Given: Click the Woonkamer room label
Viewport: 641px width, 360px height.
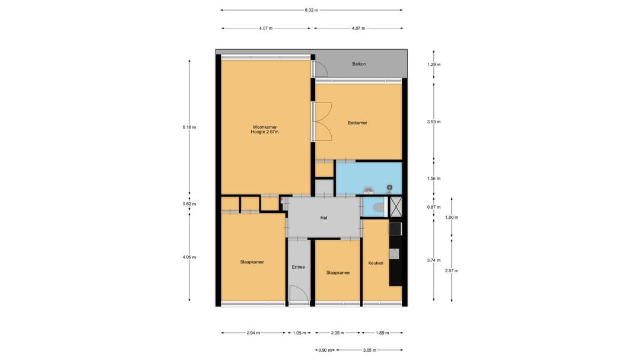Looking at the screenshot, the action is point(265,127).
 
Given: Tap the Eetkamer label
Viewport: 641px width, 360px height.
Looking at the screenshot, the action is point(357,123).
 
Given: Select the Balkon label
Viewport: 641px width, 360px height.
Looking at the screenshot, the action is point(359,63).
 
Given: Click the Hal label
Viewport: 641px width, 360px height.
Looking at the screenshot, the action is point(324,218).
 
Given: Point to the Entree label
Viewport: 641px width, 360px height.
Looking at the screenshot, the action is point(299,267).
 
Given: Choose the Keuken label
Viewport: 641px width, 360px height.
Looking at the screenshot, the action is point(376,263).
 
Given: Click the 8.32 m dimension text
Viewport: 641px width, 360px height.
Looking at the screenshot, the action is point(312,10).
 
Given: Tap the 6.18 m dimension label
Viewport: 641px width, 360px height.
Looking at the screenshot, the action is point(189,127).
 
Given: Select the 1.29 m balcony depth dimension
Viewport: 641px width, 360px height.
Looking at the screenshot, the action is point(434,64).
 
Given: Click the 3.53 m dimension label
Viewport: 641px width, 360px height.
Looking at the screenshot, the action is point(434,122).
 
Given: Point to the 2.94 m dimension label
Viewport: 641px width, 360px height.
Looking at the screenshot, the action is point(253,333).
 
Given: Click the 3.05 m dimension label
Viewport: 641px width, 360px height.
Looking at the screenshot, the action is point(369,350).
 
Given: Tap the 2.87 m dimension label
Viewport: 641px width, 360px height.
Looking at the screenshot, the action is point(452,270).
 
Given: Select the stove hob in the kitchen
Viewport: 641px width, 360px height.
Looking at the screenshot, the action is point(395,229).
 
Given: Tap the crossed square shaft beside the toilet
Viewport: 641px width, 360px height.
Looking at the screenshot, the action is point(395,207).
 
